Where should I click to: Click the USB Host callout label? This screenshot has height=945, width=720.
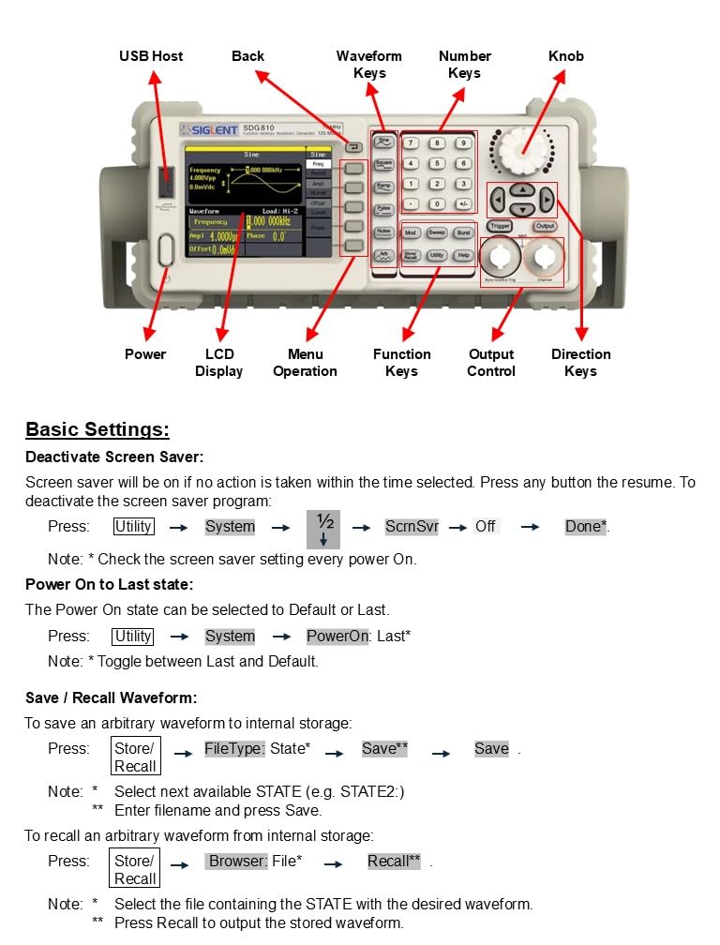151,56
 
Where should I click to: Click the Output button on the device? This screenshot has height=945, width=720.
545,226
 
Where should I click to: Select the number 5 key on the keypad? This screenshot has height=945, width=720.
437,163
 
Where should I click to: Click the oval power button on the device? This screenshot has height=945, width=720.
166,250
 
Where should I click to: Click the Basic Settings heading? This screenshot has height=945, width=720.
97,429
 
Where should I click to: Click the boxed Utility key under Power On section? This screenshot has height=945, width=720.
133,636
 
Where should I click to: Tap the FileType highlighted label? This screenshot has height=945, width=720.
234,748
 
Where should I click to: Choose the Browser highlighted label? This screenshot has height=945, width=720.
238,861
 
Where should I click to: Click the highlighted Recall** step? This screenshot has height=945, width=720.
394,861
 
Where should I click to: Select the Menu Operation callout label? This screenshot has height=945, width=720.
305,363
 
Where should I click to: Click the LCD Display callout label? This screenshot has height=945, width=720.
218,363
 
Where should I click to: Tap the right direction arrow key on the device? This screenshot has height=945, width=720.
547,200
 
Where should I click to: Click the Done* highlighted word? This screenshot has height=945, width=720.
586,527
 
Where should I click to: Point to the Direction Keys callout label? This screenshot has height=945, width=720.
580,363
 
